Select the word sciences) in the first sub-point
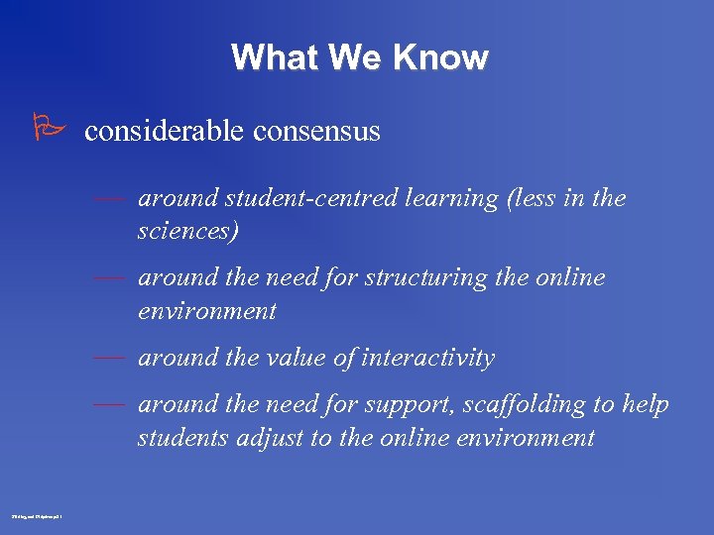[188, 232]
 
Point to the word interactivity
[429, 359]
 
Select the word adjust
[271, 439]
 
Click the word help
[646, 405]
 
